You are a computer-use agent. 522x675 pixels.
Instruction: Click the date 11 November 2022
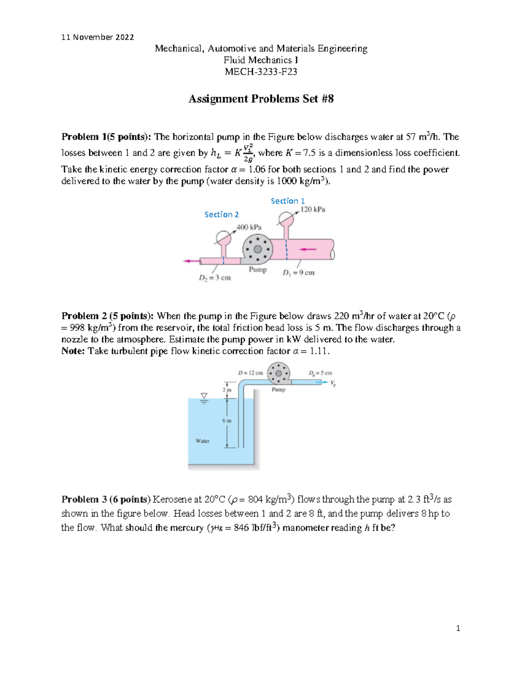[x=97, y=37]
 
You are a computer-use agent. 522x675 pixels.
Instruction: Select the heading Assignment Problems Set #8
[x=261, y=99]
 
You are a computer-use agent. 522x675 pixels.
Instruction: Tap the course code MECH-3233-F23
[x=261, y=72]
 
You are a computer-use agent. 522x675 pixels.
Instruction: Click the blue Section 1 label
[x=288, y=201]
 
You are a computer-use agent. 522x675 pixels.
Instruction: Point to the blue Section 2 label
[x=221, y=214]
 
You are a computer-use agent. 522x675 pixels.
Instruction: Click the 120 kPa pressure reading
[x=313, y=209]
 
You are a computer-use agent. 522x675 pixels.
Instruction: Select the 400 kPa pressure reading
[x=249, y=227]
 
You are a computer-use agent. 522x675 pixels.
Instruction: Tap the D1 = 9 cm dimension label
[x=298, y=273]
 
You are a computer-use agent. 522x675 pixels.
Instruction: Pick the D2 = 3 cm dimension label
[x=215, y=278]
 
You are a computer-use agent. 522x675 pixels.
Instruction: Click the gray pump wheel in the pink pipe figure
[x=258, y=249]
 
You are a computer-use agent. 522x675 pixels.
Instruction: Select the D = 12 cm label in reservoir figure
[x=250, y=373]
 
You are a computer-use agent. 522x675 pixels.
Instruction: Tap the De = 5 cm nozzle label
[x=321, y=373]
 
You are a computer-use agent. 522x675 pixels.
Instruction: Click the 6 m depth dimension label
[x=227, y=421]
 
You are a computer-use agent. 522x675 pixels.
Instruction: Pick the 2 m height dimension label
[x=227, y=390]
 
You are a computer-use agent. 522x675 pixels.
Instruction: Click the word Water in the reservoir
[x=202, y=441]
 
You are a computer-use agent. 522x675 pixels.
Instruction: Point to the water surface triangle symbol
[x=204, y=396]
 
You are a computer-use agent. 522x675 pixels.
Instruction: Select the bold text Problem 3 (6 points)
[x=106, y=499]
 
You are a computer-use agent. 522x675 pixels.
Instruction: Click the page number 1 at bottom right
[x=458, y=628]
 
